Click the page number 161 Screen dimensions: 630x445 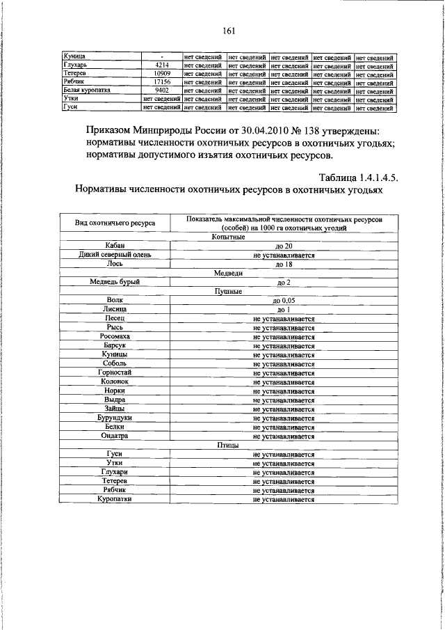(x=230, y=30)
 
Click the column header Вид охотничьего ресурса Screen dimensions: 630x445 (x=115, y=223)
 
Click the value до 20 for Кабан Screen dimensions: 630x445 (x=284, y=246)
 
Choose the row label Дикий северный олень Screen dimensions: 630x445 (x=115, y=255)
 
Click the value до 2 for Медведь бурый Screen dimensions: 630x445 (x=284, y=283)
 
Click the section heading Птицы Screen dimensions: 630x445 (x=227, y=445)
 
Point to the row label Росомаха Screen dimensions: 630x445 (x=115, y=337)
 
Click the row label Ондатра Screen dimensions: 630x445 (x=115, y=436)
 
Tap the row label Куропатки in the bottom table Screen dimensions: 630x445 (x=115, y=499)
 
